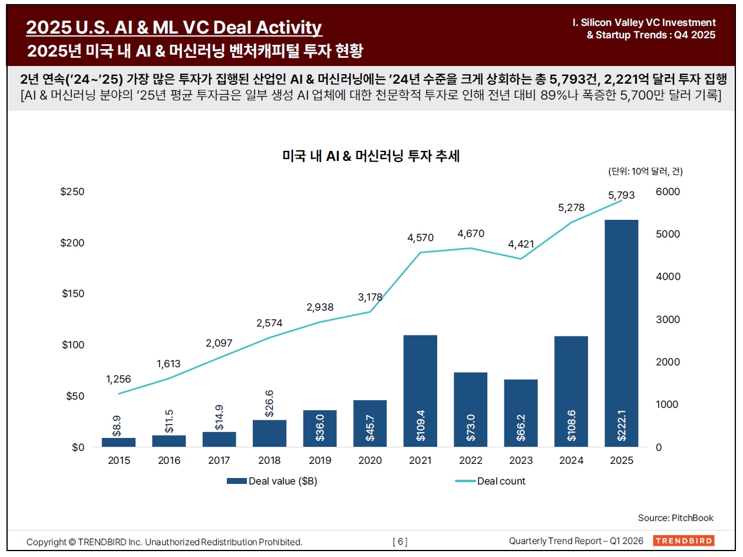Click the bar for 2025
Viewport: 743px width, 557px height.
pos(622,333)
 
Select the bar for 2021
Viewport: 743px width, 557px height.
pos(420,391)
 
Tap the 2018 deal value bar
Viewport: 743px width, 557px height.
pos(269,433)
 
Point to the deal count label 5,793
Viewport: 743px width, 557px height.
pos(621,195)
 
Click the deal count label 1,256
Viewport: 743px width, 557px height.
pos(118,379)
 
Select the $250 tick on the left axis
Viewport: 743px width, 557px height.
pos(72,192)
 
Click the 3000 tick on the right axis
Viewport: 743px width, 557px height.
pos(668,319)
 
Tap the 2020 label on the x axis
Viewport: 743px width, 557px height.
pos(370,460)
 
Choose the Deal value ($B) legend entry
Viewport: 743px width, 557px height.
pos(272,481)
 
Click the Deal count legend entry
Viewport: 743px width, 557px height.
pos(490,481)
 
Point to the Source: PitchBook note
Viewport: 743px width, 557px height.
pos(675,518)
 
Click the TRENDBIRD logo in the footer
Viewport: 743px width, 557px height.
pos(683,541)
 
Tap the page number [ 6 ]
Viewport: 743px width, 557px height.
pos(399,542)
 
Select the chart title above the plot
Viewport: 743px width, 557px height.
pos(371,156)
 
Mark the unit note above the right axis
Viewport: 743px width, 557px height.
pos(645,172)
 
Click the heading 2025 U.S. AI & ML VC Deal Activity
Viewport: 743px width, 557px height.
pos(174,27)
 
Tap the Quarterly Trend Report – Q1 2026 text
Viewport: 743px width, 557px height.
pos(576,541)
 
